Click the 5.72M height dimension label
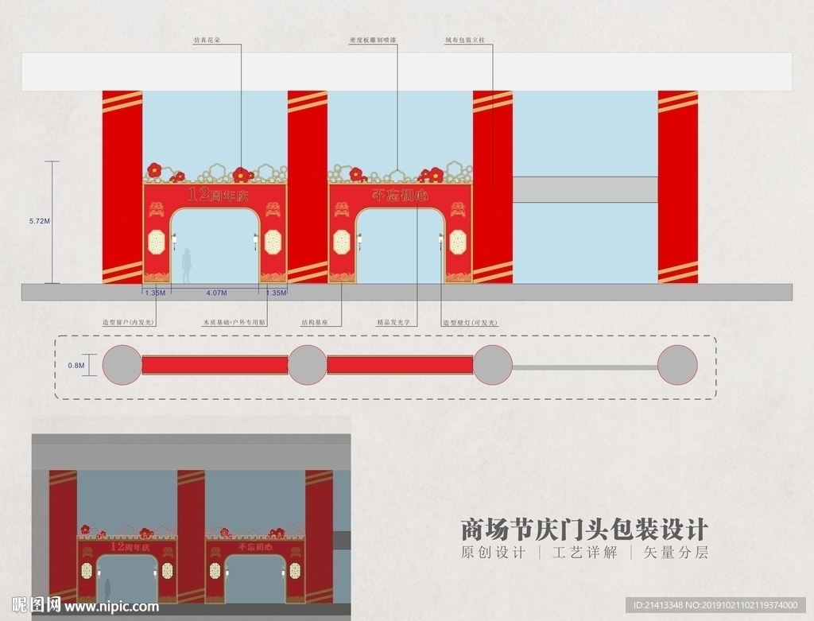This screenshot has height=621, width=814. pyautogui.click(x=39, y=222)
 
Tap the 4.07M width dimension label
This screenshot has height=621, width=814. pyautogui.click(x=216, y=293)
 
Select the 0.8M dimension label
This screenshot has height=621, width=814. pyautogui.click(x=76, y=365)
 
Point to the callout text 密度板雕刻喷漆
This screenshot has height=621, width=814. pyautogui.click(x=373, y=38)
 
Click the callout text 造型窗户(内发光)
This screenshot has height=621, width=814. pyautogui.click(x=128, y=323)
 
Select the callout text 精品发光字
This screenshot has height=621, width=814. pyautogui.click(x=393, y=323)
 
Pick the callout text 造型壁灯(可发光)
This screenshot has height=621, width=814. pyautogui.click(x=470, y=323)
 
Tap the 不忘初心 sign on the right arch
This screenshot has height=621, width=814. pyautogui.click(x=401, y=195)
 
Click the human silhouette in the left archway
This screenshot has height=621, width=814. pyautogui.click(x=187, y=266)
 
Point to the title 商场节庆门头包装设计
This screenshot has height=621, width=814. pyautogui.click(x=584, y=529)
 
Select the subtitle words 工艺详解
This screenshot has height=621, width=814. pyautogui.click(x=584, y=552)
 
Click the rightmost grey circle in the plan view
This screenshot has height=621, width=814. pyautogui.click(x=677, y=365)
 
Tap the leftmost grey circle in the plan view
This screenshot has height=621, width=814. pyautogui.click(x=122, y=365)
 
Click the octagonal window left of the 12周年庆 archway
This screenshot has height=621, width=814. pyautogui.click(x=156, y=241)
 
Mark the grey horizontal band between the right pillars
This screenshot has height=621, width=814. pyautogui.click(x=585, y=188)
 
